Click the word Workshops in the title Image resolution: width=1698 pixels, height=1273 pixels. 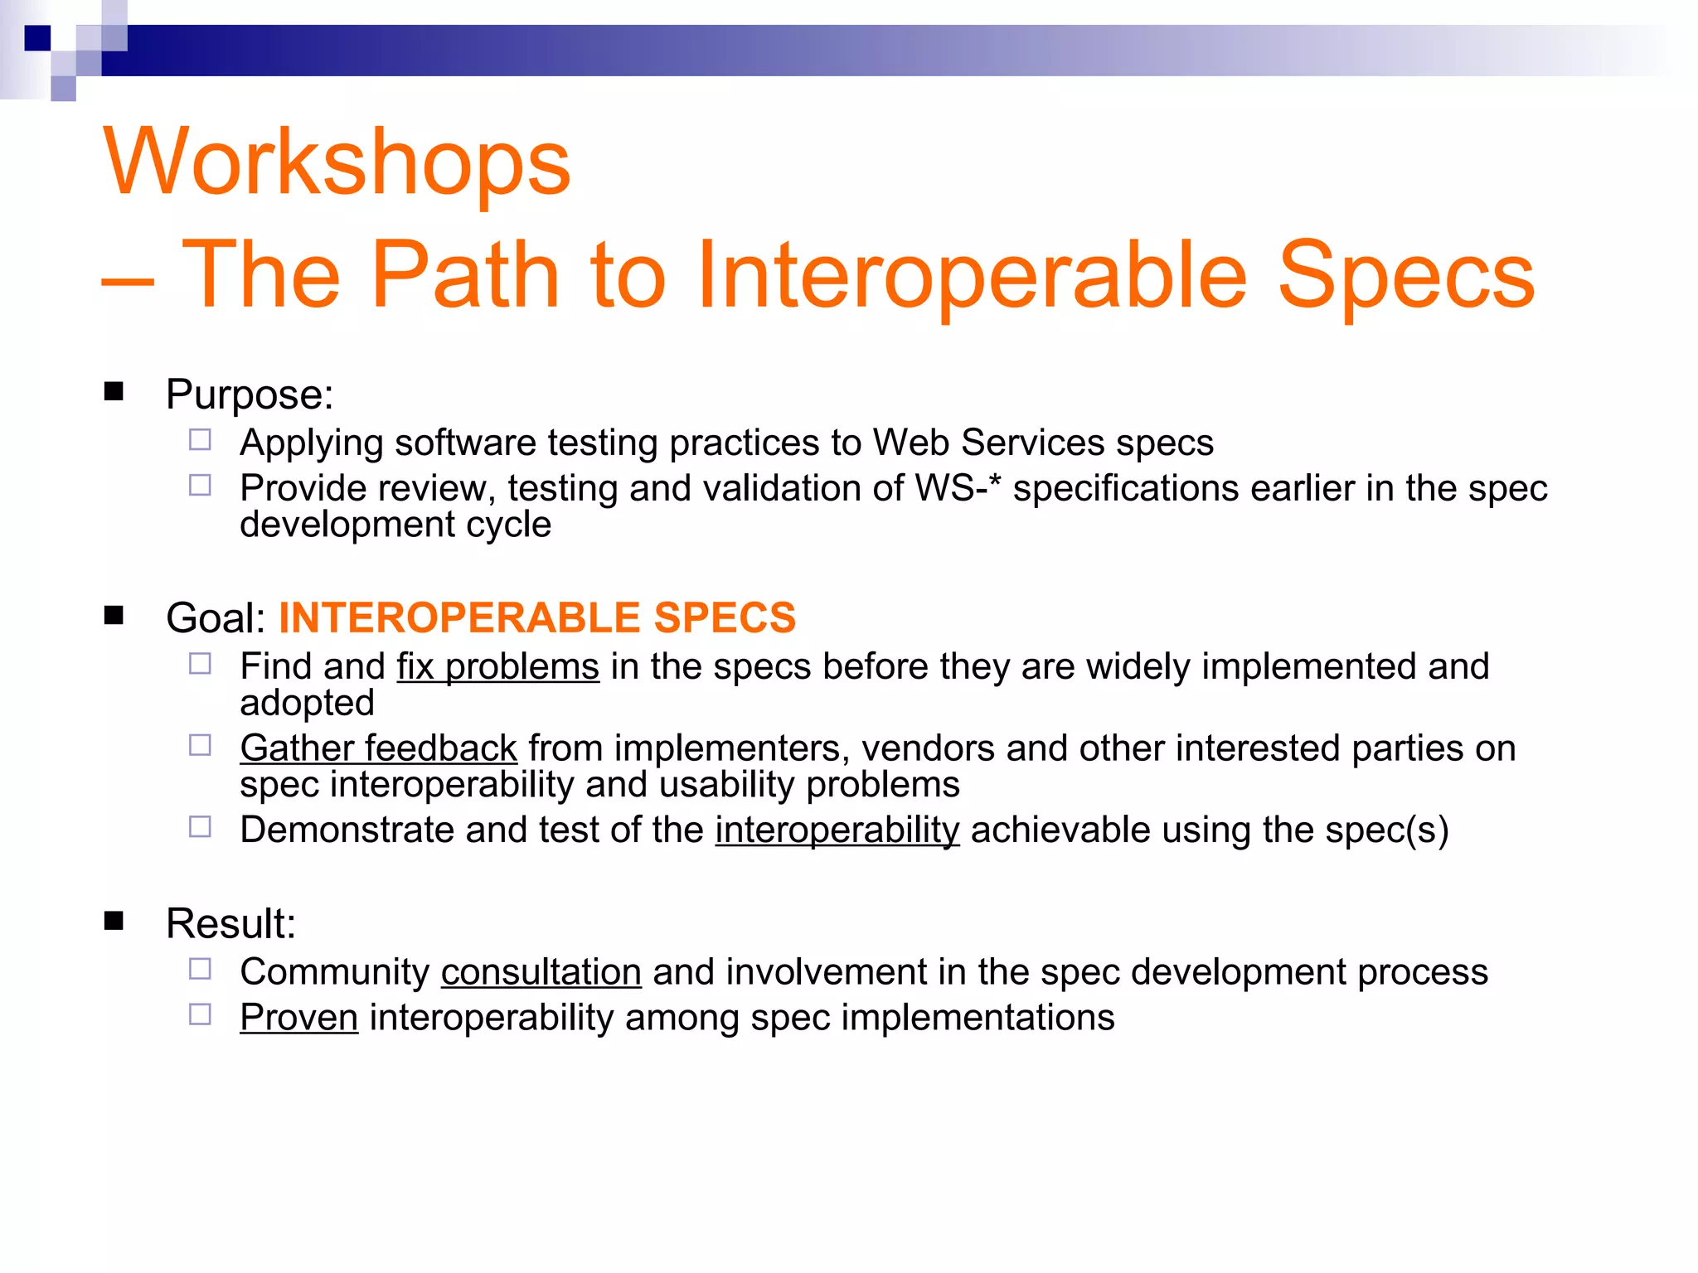point(337,162)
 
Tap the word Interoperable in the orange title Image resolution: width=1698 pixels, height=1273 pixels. point(971,275)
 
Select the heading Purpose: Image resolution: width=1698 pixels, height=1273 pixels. point(250,394)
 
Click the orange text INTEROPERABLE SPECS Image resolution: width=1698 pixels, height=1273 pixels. point(537,618)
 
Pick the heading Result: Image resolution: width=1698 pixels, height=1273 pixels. point(230,923)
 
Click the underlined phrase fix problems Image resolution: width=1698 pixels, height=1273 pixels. point(497,667)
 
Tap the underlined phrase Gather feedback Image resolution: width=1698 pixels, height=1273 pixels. point(378,748)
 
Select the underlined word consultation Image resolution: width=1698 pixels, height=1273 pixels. point(541,972)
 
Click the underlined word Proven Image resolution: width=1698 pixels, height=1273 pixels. point(298,1018)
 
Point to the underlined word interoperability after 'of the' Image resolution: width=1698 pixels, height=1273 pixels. point(837,830)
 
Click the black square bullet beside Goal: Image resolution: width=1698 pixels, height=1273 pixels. point(114,615)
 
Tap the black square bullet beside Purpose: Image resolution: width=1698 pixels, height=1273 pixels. point(114,391)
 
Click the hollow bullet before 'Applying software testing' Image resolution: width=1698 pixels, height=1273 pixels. point(200,440)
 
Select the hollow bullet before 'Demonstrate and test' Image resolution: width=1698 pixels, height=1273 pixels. point(200,827)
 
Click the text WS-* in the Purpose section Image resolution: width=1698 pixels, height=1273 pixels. point(958,488)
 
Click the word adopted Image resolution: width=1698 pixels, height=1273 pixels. point(307,704)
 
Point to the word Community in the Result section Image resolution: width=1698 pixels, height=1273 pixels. point(334,972)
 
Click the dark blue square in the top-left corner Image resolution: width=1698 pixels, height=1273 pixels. point(37,38)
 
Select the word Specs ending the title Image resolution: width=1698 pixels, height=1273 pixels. point(1406,275)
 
